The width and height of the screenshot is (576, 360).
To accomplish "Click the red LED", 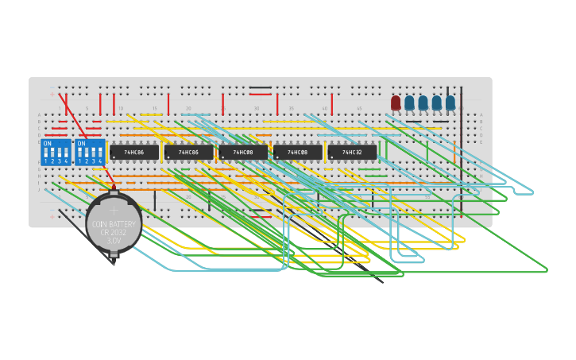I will coord(396,103).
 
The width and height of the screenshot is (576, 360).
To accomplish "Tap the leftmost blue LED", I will coord(409,103).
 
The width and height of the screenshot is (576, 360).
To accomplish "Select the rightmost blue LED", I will coord(450,103).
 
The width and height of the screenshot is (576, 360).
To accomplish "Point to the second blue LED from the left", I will coord(423,103).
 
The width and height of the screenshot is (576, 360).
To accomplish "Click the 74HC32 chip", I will coord(352,152).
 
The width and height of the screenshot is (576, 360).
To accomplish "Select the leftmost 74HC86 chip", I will coord(133,152).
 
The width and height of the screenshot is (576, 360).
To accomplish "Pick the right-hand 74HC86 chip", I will coord(188,152).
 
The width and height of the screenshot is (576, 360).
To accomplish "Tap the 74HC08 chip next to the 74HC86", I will coord(243,152).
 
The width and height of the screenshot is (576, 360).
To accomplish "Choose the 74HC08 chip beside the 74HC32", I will coord(298,152).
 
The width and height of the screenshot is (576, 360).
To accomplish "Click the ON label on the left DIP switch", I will coord(48,144).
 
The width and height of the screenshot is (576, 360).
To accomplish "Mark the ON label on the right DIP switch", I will coord(82,144).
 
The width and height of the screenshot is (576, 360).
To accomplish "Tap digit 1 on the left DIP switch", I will coord(45,161).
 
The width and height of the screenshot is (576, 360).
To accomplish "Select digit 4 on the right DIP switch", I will coord(100,161).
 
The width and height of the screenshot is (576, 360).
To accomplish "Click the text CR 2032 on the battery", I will coord(114,232).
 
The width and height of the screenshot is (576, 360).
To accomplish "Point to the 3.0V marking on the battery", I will coord(114,239).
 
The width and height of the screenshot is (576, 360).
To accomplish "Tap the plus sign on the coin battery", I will coord(114,211).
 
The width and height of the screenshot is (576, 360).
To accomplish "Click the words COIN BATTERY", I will coord(114,224).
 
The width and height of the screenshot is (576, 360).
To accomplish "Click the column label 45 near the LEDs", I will coord(358,108).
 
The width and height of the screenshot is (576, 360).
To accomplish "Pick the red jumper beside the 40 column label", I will coord(331,104).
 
